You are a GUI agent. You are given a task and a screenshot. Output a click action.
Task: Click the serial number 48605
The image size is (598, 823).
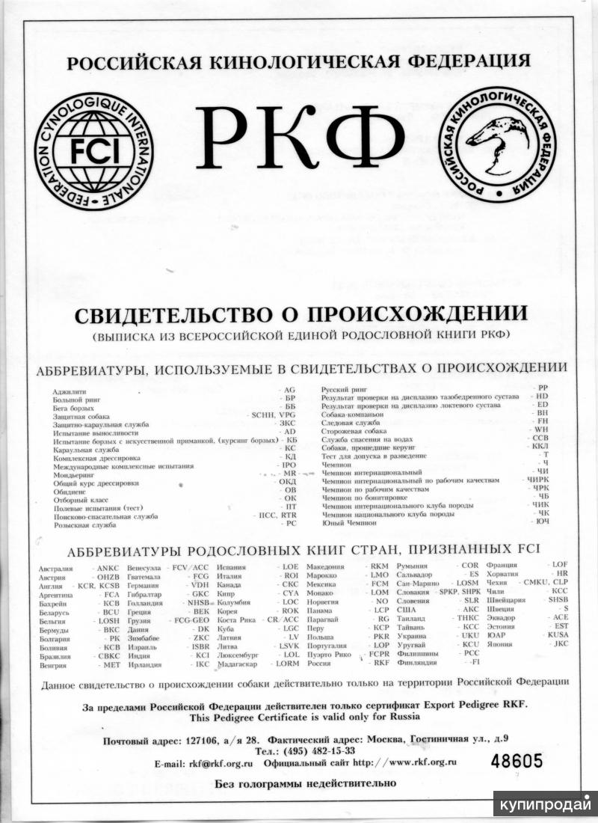click(x=517, y=761)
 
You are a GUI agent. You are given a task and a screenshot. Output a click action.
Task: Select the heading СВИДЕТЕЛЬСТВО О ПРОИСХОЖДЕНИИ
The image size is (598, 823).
click(x=301, y=313)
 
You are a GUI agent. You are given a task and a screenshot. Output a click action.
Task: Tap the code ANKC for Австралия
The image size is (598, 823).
click(x=104, y=569)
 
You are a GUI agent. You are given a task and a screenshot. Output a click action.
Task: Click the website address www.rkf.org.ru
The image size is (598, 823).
click(x=416, y=762)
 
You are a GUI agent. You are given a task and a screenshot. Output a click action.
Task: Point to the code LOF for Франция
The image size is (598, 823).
click(x=558, y=564)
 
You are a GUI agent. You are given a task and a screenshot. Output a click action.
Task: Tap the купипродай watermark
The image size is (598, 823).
click(x=543, y=806)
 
